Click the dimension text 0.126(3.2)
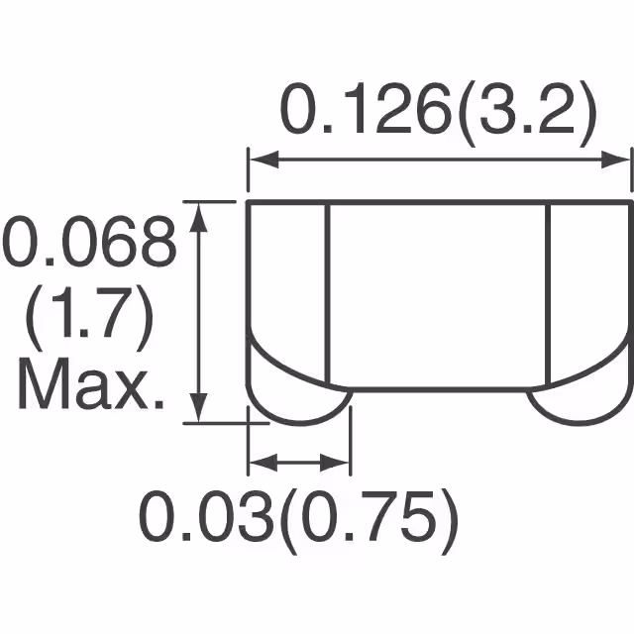click(439, 111)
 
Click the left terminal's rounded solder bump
click(296, 402)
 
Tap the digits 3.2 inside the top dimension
click(535, 111)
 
